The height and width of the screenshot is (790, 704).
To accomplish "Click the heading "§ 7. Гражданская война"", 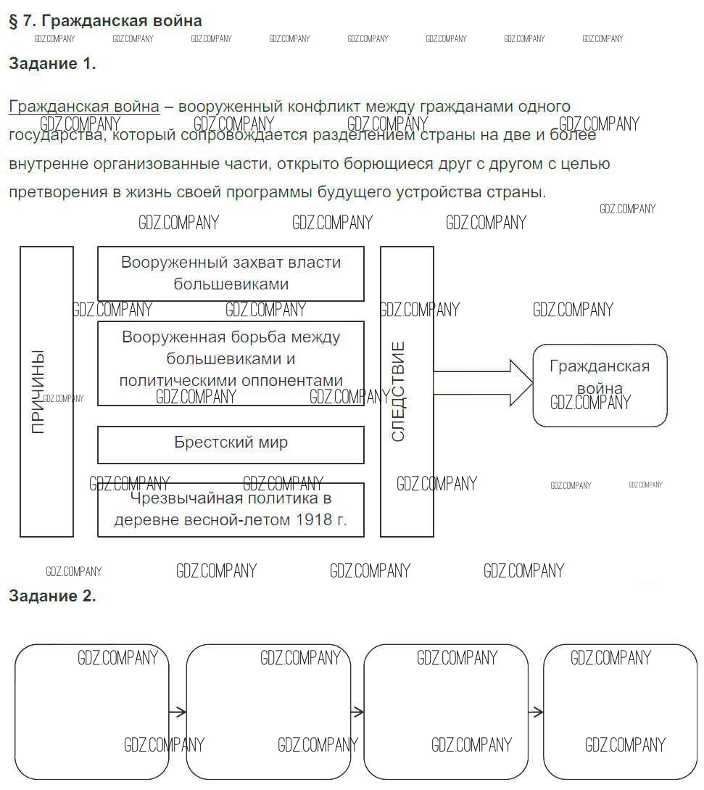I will tap(105, 21).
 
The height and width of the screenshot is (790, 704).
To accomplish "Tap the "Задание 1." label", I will tap(52, 64).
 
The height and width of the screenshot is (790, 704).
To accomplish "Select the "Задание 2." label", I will tap(52, 596).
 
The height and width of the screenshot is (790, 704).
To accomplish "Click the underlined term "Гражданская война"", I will tap(84, 107).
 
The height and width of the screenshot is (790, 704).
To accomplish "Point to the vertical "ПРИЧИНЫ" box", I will tap(46, 391).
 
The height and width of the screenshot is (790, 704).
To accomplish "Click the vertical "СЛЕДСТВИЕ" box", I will tap(407, 391).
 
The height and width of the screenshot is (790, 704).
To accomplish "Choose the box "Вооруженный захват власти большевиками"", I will tap(231, 273).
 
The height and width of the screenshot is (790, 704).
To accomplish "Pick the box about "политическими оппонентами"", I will tap(231, 363).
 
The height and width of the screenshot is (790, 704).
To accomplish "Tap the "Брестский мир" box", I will tap(231, 444).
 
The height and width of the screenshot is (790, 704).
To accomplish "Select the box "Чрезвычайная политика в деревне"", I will tap(231, 510).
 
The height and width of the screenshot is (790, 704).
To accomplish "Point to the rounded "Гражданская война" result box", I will tap(600, 385).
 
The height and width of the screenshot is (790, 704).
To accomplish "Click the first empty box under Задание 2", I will tap(91, 711).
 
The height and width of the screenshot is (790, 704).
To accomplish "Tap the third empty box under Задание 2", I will tap(446, 711).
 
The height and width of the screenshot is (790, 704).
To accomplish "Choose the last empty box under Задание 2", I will tap(620, 711).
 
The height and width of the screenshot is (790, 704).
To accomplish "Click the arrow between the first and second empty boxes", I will tap(178, 712).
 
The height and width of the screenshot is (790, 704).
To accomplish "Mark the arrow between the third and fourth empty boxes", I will tap(536, 712).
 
